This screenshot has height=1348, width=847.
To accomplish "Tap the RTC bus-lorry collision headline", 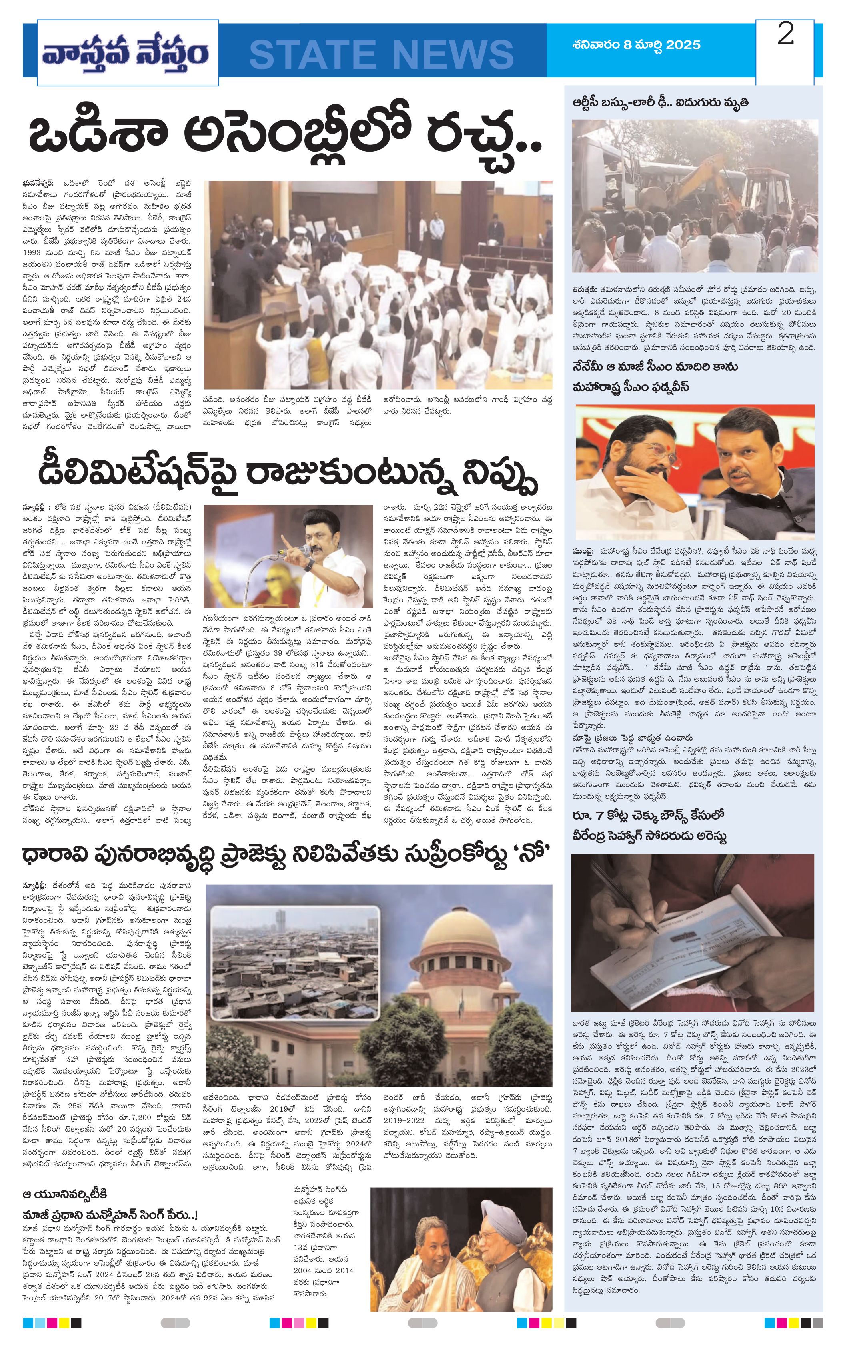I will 660,103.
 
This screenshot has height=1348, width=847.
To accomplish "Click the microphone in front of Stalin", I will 306,551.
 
